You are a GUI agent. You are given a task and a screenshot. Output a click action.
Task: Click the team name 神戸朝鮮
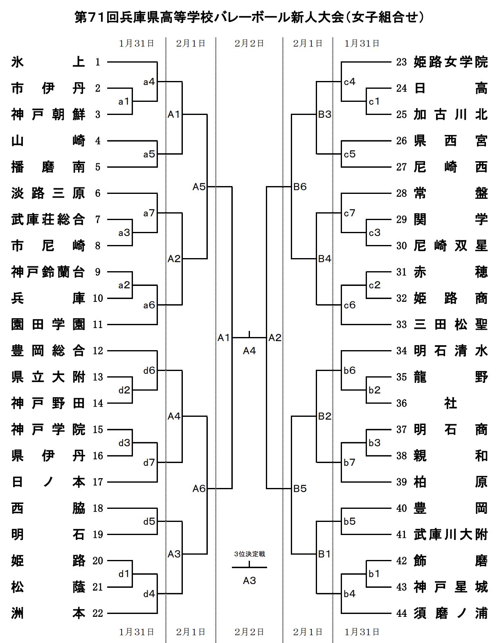tap(48, 115)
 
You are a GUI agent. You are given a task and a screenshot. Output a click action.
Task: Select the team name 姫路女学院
tap(450, 62)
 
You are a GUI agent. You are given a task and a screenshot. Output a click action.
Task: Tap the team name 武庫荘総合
tap(48, 220)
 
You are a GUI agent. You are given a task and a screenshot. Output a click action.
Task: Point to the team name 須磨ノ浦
tap(450, 614)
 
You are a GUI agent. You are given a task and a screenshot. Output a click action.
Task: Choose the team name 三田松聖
tap(450, 325)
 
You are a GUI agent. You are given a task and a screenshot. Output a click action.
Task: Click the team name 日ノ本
tap(48, 482)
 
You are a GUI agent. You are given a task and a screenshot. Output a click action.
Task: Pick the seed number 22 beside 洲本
tap(98, 614)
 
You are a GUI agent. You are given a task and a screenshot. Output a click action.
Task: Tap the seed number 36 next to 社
tap(402, 404)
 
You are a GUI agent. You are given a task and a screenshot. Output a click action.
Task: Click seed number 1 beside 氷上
tap(98, 62)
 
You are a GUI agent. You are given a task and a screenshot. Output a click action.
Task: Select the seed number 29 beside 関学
tap(402, 220)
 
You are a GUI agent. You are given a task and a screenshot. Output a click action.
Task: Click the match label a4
tap(149, 82)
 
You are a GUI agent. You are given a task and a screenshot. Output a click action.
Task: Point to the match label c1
tap(374, 101)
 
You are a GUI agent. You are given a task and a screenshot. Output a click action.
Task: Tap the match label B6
tap(300, 187)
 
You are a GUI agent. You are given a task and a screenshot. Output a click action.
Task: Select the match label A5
tap(199, 187)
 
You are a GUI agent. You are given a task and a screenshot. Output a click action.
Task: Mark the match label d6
tap(149, 371)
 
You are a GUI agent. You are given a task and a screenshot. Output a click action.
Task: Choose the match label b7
tap(350, 463)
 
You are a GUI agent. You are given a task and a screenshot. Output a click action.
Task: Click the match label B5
tap(300, 489)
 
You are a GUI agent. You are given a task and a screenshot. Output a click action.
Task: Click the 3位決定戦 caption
tap(249, 554)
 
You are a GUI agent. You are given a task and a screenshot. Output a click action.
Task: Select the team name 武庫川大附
tap(450, 535)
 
